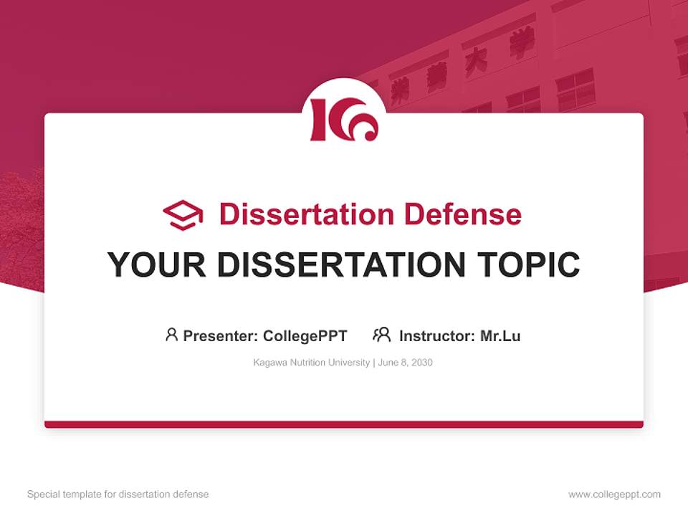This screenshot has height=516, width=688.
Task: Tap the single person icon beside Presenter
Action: [171, 335]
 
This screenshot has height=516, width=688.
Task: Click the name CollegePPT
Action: [305, 336]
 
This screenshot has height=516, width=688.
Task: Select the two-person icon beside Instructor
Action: [381, 335]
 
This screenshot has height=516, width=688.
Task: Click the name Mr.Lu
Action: [500, 336]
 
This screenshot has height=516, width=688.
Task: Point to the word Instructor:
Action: [437, 336]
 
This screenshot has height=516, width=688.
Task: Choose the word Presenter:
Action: [221, 336]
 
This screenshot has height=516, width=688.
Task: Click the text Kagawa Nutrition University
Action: [311, 363]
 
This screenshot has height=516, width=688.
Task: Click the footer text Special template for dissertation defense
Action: [118, 494]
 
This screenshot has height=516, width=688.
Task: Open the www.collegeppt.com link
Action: [614, 494]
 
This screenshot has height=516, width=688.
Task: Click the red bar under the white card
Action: [344, 424]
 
